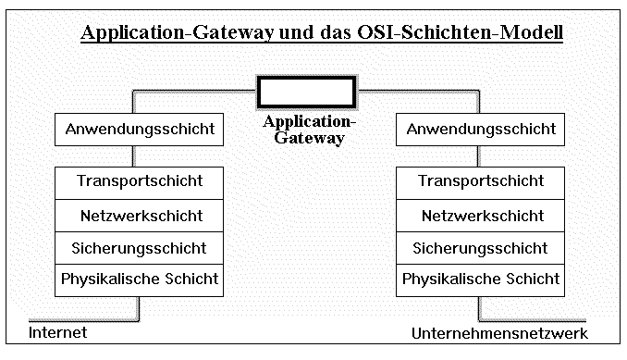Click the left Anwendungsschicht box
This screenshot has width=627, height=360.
[x=140, y=129]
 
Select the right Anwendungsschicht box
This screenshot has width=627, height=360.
[x=481, y=129]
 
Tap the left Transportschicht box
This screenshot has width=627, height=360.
[x=140, y=181]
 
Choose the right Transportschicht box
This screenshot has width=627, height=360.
[x=481, y=181]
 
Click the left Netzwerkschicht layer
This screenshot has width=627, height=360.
[x=140, y=216]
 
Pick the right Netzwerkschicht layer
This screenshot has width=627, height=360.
[x=481, y=216]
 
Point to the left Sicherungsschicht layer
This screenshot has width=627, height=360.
[x=140, y=248]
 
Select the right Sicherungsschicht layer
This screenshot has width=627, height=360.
[x=481, y=248]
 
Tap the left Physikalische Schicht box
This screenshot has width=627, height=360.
[x=140, y=279]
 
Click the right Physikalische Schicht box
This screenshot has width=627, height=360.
[x=481, y=279]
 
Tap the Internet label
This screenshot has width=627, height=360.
[x=57, y=332]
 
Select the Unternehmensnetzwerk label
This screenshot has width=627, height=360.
[x=499, y=333]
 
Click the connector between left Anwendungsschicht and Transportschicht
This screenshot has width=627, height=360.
[x=138, y=155]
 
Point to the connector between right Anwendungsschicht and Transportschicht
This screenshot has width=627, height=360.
[x=479, y=155]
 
